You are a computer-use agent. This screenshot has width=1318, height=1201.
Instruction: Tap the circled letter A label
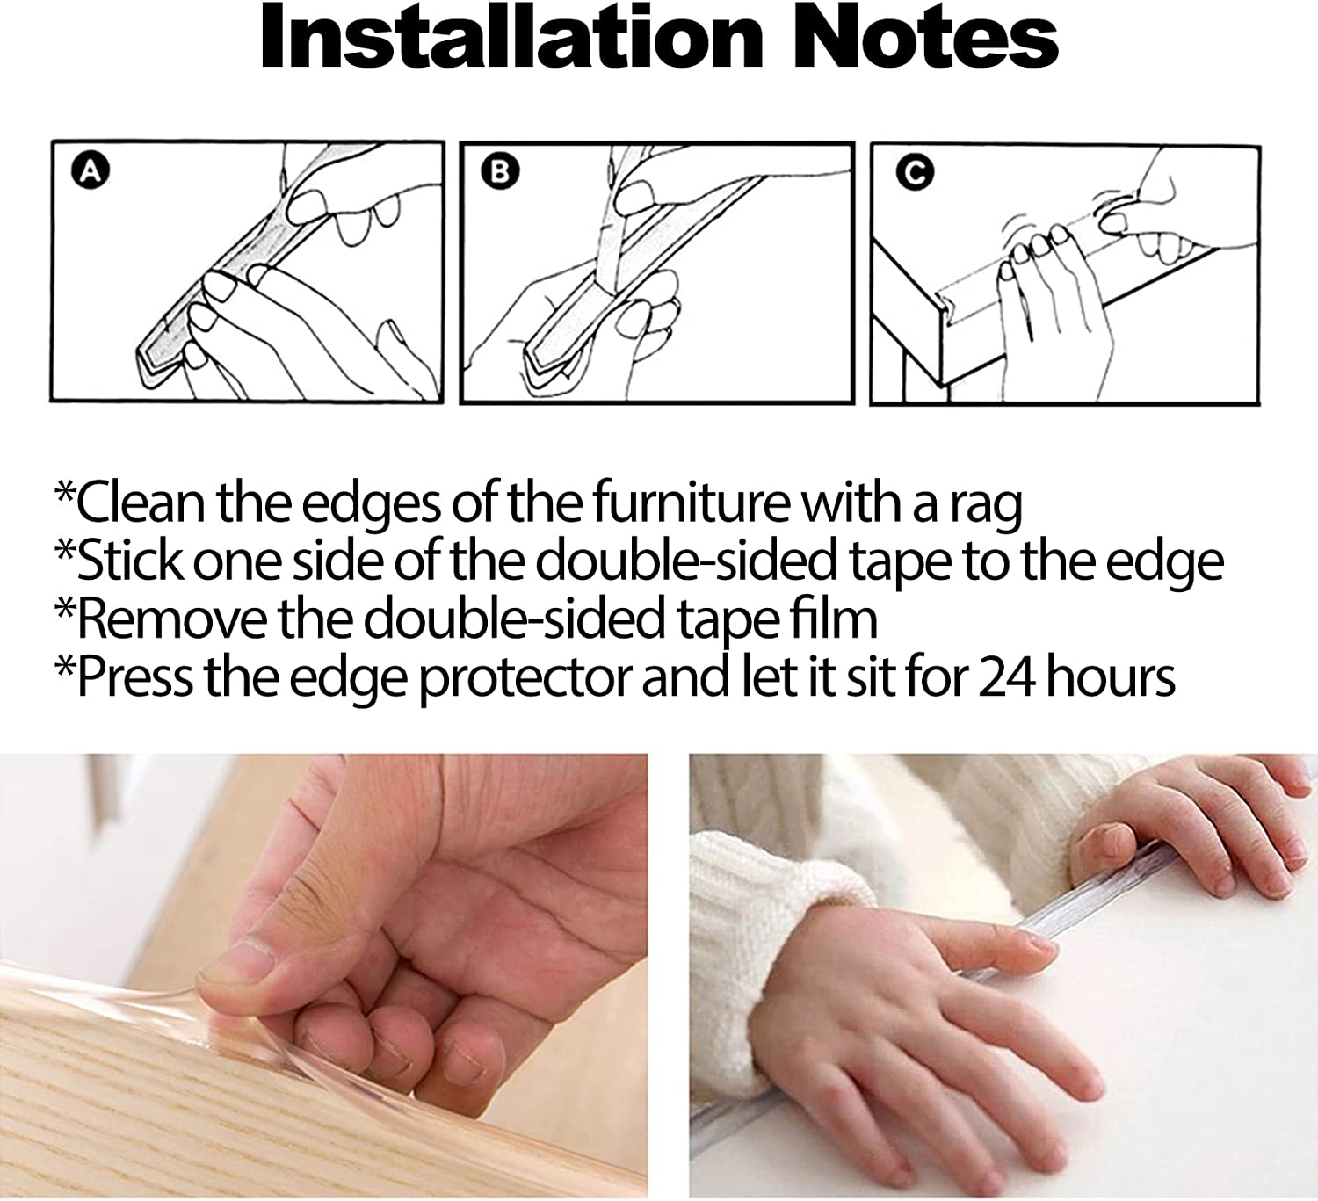pyautogui.click(x=91, y=171)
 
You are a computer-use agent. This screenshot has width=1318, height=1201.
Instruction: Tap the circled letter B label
pyautogui.click(x=500, y=171)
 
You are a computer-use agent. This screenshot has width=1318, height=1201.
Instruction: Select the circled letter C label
pyautogui.click(x=915, y=173)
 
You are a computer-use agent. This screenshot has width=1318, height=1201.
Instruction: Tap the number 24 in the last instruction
pyautogui.click(x=1007, y=677)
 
